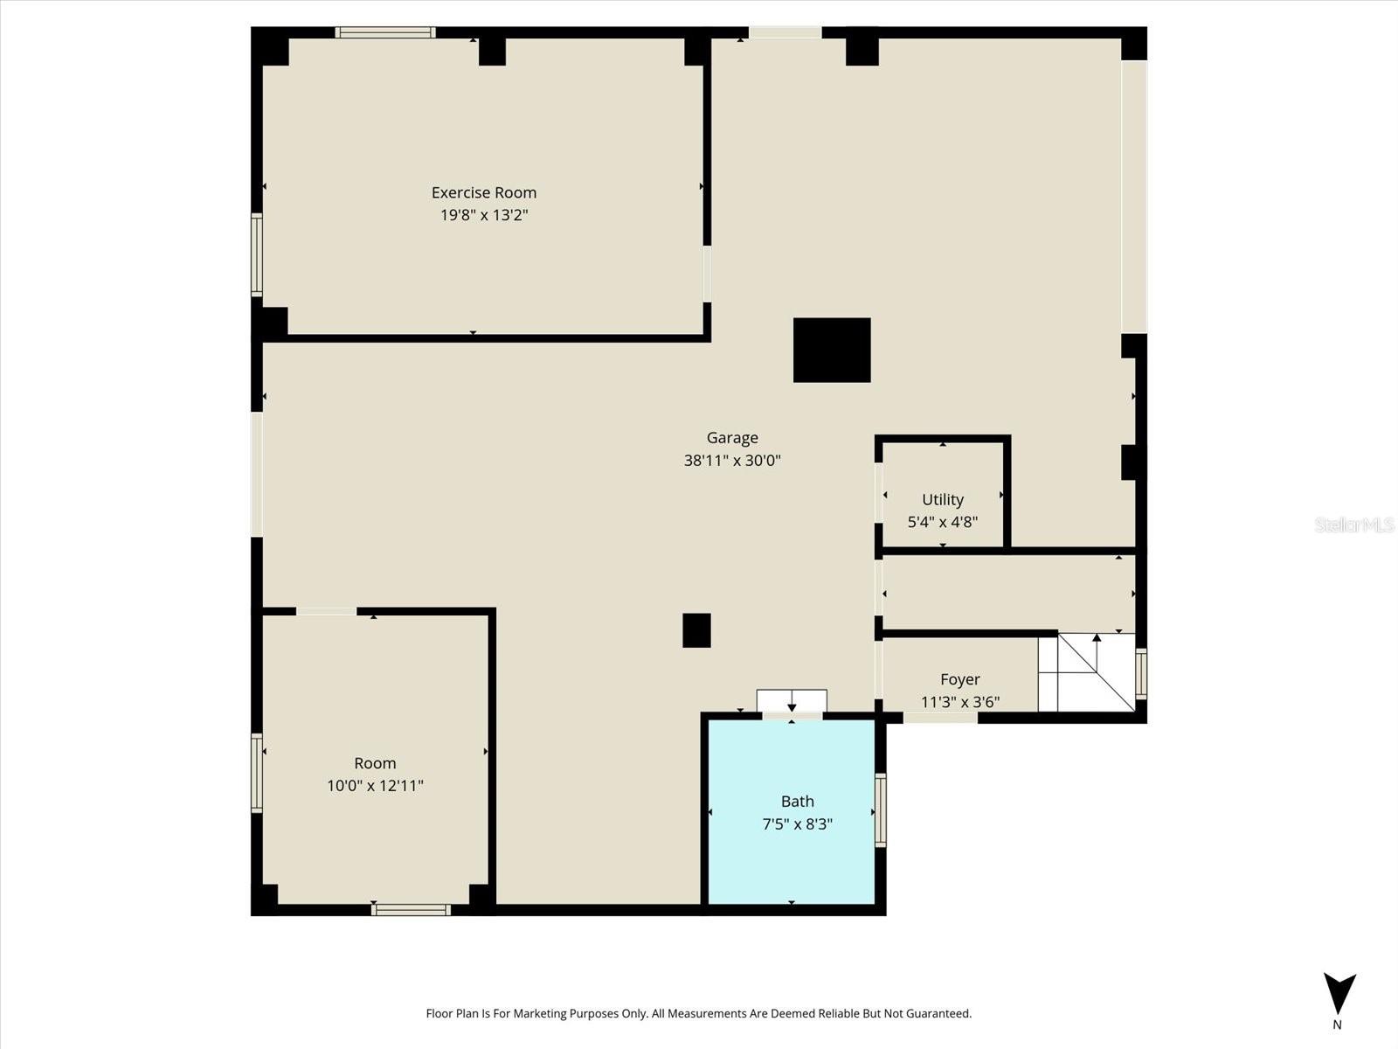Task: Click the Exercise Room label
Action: (483, 192)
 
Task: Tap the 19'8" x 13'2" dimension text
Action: (483, 215)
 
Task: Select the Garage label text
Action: (732, 438)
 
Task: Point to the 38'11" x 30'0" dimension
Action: (732, 461)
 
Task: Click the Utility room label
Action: (943, 499)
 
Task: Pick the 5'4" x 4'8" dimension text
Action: (943, 523)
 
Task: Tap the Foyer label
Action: (959, 679)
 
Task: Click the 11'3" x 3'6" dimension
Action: (959, 702)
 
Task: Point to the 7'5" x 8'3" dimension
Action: (797, 824)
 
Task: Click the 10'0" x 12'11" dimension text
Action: (375, 786)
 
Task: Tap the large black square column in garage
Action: (832, 350)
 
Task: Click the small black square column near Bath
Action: (696, 630)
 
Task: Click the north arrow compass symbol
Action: (1339, 995)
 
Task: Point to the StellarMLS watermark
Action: (1355, 524)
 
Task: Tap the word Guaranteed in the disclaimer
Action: (939, 1014)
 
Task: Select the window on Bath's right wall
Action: (881, 810)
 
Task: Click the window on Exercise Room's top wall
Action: (385, 32)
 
